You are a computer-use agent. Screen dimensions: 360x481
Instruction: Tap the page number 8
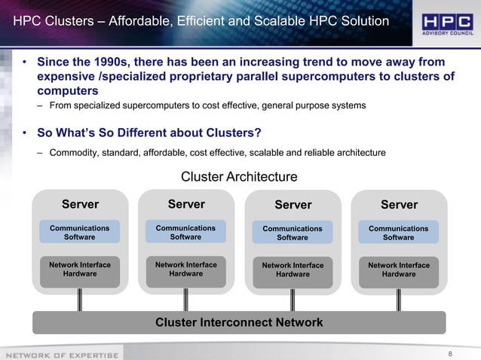pos(450,352)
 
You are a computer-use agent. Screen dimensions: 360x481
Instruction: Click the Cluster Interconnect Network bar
pos(239,322)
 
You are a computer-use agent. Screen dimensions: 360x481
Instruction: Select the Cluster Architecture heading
pos(239,177)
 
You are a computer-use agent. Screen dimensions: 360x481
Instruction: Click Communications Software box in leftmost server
pos(79,232)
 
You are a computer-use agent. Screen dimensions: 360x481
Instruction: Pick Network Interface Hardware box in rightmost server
pos(399,270)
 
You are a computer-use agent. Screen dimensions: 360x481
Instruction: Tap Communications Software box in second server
pos(185,232)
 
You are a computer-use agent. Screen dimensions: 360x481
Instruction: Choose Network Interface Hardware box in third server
pos(293,270)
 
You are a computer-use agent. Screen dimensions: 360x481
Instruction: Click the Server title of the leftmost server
pos(80,204)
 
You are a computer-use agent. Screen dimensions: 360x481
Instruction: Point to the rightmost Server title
pos(399,205)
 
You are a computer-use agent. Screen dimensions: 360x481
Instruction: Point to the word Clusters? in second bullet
pos(227,133)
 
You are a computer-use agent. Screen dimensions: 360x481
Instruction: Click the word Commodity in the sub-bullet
pos(74,153)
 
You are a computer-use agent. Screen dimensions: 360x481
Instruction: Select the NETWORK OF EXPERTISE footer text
pos(62,354)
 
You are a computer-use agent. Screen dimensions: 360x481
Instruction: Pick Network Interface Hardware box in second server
pos(185,270)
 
